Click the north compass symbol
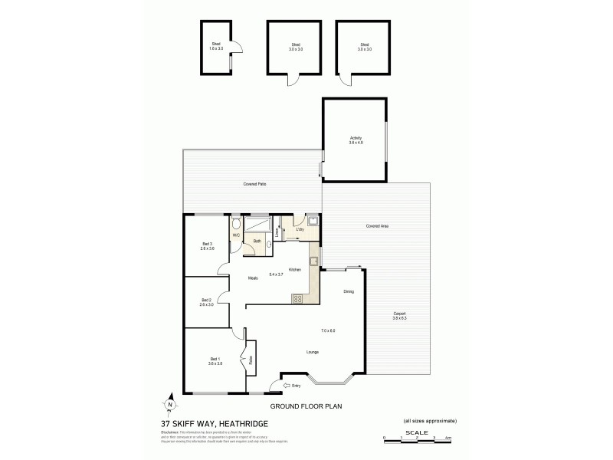tap(170, 405)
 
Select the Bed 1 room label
tap(215, 360)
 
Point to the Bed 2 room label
tap(206, 302)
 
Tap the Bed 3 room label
tap(207, 246)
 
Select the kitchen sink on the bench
tap(313, 260)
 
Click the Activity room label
tap(355, 140)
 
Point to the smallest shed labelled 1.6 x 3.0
tap(216, 48)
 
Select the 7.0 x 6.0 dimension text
tap(329, 330)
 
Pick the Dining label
tap(349, 291)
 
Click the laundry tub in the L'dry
tap(313, 222)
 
